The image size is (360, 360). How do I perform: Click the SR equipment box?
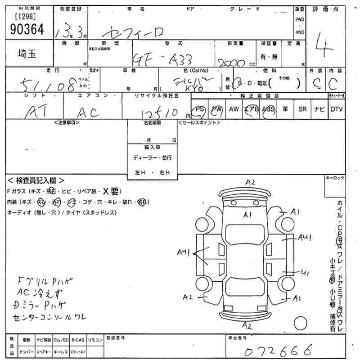[x=302, y=109]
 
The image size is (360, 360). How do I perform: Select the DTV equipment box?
[x=336, y=109]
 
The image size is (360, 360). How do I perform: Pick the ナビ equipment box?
[x=319, y=109]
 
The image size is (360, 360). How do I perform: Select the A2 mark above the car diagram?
[x=250, y=182]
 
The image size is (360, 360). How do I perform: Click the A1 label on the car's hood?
[x=247, y=215]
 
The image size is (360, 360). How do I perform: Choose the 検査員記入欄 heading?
[x=36, y=180]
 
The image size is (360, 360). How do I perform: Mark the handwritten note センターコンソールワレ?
[x=50, y=317]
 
